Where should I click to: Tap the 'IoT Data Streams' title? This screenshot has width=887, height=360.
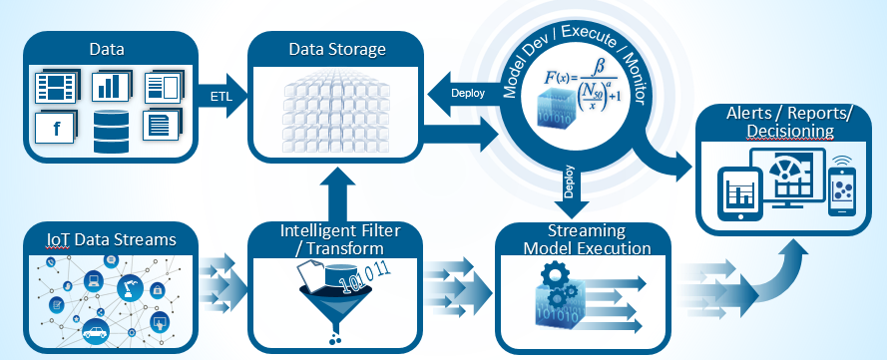tap(98, 240)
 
